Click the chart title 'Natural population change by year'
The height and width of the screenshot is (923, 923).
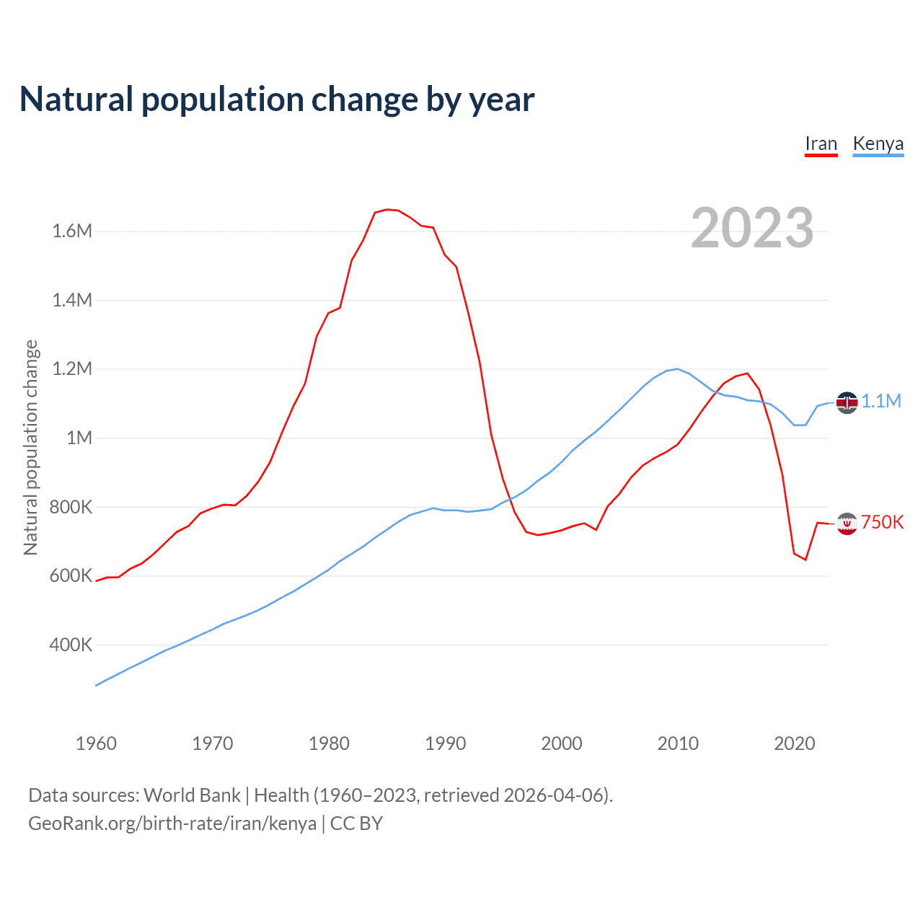click(x=277, y=100)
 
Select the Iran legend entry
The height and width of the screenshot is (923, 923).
click(x=821, y=143)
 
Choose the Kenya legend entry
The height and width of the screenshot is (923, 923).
click(x=878, y=143)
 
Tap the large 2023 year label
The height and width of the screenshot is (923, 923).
click(x=752, y=228)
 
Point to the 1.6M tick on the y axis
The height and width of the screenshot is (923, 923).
click(x=72, y=231)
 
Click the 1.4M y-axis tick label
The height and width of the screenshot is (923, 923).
click(x=72, y=300)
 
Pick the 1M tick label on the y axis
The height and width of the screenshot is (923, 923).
click(x=79, y=438)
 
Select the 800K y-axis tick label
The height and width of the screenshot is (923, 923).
click(x=71, y=507)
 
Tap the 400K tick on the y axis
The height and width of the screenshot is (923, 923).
click(x=71, y=645)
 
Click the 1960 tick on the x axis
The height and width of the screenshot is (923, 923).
click(x=96, y=743)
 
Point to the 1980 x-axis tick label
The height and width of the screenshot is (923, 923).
click(x=329, y=743)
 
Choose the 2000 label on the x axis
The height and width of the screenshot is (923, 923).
click(x=561, y=743)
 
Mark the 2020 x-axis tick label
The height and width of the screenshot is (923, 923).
click(x=794, y=743)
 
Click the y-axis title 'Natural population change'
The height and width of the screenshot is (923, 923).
click(x=31, y=447)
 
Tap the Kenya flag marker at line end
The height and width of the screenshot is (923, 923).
click(x=847, y=402)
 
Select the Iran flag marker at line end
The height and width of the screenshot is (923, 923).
click(x=847, y=524)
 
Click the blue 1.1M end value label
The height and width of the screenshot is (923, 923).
click(x=881, y=402)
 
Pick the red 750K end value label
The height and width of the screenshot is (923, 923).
click(x=883, y=523)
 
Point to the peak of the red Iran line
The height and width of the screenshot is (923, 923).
click(x=387, y=209)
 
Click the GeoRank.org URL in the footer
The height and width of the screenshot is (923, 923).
click(x=172, y=823)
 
